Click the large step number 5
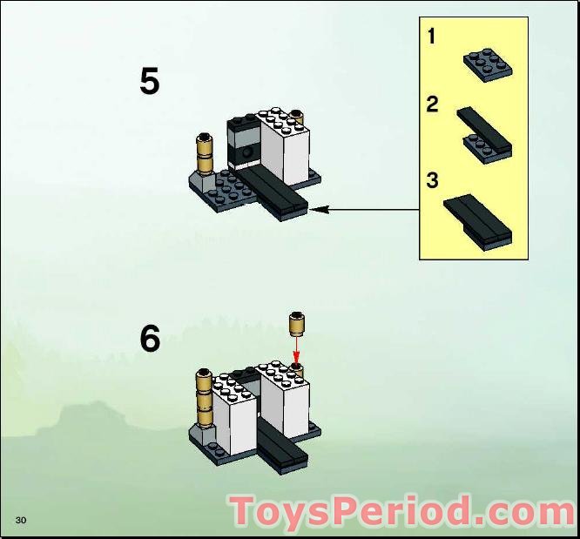pos(150,82)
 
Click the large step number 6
pos(150,339)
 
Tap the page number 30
pos(21,520)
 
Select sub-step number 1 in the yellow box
pos(432,37)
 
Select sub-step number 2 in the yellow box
pos(432,104)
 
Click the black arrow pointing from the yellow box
pos(366,209)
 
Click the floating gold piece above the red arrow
pos(297,324)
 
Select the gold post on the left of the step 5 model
pos(206,154)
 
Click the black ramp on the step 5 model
pos(274,192)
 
